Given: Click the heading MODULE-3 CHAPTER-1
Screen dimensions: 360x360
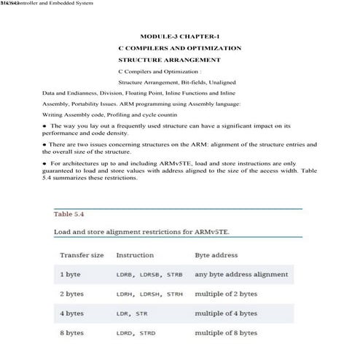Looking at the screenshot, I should [x=179, y=36].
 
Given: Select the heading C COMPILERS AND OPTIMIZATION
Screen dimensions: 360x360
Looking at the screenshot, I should [x=179, y=47].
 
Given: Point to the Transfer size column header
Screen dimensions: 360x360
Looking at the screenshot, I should [x=82, y=256].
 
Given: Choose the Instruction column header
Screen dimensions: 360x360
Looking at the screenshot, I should [x=135, y=256].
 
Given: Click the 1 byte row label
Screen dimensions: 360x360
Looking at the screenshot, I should [x=71, y=275].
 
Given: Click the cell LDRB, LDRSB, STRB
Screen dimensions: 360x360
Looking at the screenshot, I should [x=149, y=275].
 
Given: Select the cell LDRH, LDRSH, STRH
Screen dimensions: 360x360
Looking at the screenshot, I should [x=149, y=294].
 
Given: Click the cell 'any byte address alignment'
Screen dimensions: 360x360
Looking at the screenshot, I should [x=241, y=275].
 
